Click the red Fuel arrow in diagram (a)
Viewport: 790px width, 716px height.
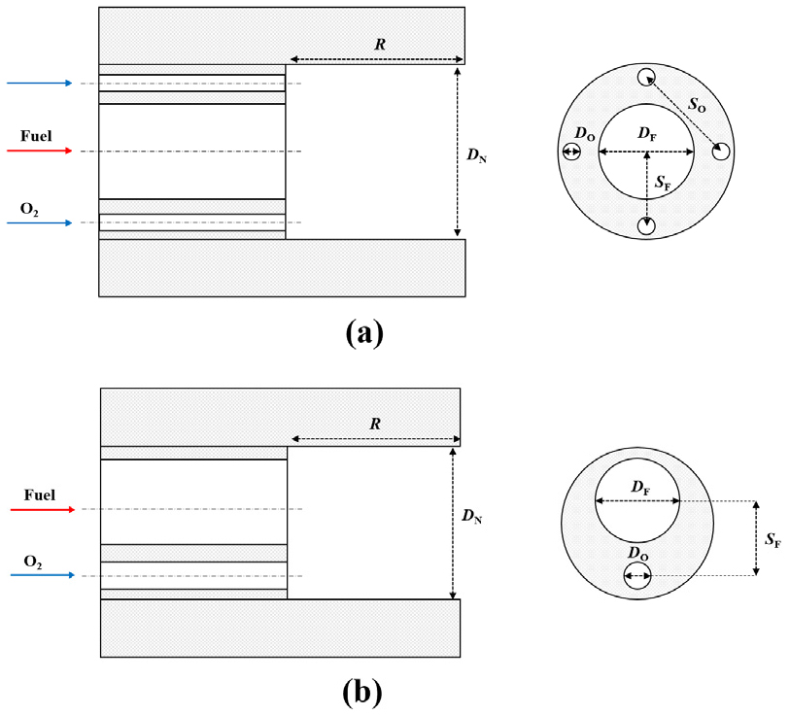coord(40,152)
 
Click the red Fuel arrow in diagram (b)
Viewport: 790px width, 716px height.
coord(43,509)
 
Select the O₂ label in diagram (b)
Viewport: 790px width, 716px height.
coord(31,562)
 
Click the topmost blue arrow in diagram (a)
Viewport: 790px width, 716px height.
coord(40,84)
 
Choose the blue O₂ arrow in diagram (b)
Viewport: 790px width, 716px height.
coord(43,575)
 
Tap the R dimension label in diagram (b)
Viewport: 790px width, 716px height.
coord(376,424)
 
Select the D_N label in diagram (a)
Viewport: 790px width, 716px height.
coord(476,153)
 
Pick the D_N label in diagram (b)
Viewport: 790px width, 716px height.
coord(473,520)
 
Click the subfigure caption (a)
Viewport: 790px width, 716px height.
coord(364,333)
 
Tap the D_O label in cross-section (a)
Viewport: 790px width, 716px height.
coord(584,132)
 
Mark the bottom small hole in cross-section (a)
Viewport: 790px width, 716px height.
coord(646,225)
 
